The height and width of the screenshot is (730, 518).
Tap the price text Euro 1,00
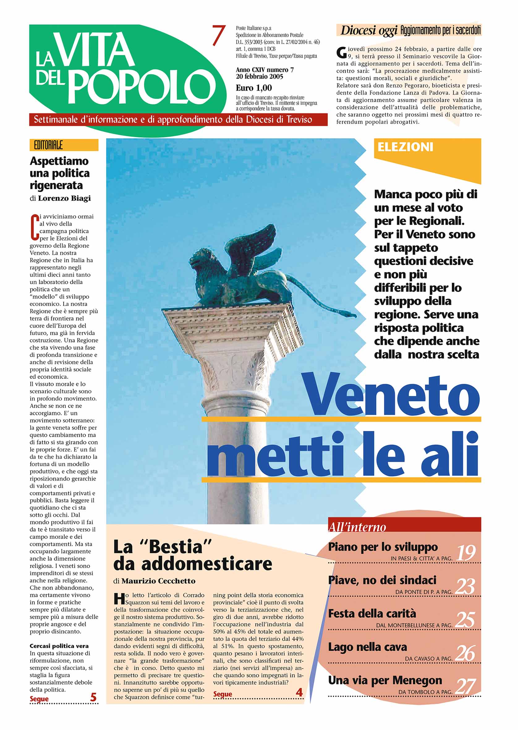click(254, 88)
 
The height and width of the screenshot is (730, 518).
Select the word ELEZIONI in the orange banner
click(405, 147)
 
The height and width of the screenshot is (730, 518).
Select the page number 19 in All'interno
click(466, 553)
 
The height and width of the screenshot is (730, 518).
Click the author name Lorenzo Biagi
click(64, 198)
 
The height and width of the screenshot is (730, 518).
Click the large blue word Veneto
click(392, 396)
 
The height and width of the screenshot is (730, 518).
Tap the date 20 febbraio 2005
click(259, 77)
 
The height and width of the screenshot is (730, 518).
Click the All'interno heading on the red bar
click(357, 527)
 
